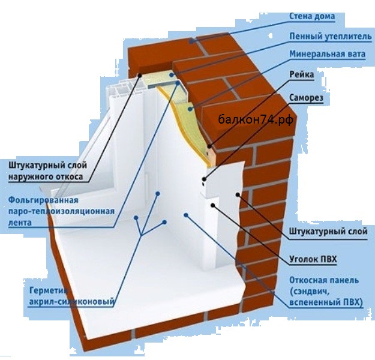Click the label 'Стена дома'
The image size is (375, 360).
pyautogui.click(x=312, y=17)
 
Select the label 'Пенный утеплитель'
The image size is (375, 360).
pyautogui.click(x=331, y=37)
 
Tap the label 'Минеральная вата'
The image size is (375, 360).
pyautogui.click(x=328, y=54)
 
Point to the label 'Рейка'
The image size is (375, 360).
pyautogui.click(x=302, y=74)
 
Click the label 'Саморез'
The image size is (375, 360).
pyautogui.click(x=306, y=98)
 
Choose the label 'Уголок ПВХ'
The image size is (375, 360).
pyautogui.click(x=313, y=259)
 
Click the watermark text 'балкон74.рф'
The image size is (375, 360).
pyautogui.click(x=256, y=119)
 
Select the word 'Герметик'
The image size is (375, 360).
pyautogui.click(x=48, y=290)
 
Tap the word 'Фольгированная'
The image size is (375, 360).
pyautogui.click(x=43, y=200)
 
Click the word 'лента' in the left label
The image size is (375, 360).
pyautogui.click(x=20, y=223)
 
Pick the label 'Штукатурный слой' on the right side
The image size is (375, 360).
pyautogui.click(x=328, y=232)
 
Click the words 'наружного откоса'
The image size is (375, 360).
pyautogui.click(x=46, y=177)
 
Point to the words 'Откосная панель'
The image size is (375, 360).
pyautogui.click(x=324, y=280)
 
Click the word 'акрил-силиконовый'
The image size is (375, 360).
pyautogui.click(x=71, y=302)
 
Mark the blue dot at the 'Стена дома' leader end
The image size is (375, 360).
pyautogui.click(x=191, y=41)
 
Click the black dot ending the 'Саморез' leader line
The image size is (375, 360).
pyautogui.click(x=204, y=179)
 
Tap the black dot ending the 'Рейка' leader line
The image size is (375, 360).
pyautogui.click(x=209, y=146)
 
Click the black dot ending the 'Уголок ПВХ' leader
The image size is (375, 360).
pyautogui.click(x=212, y=205)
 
